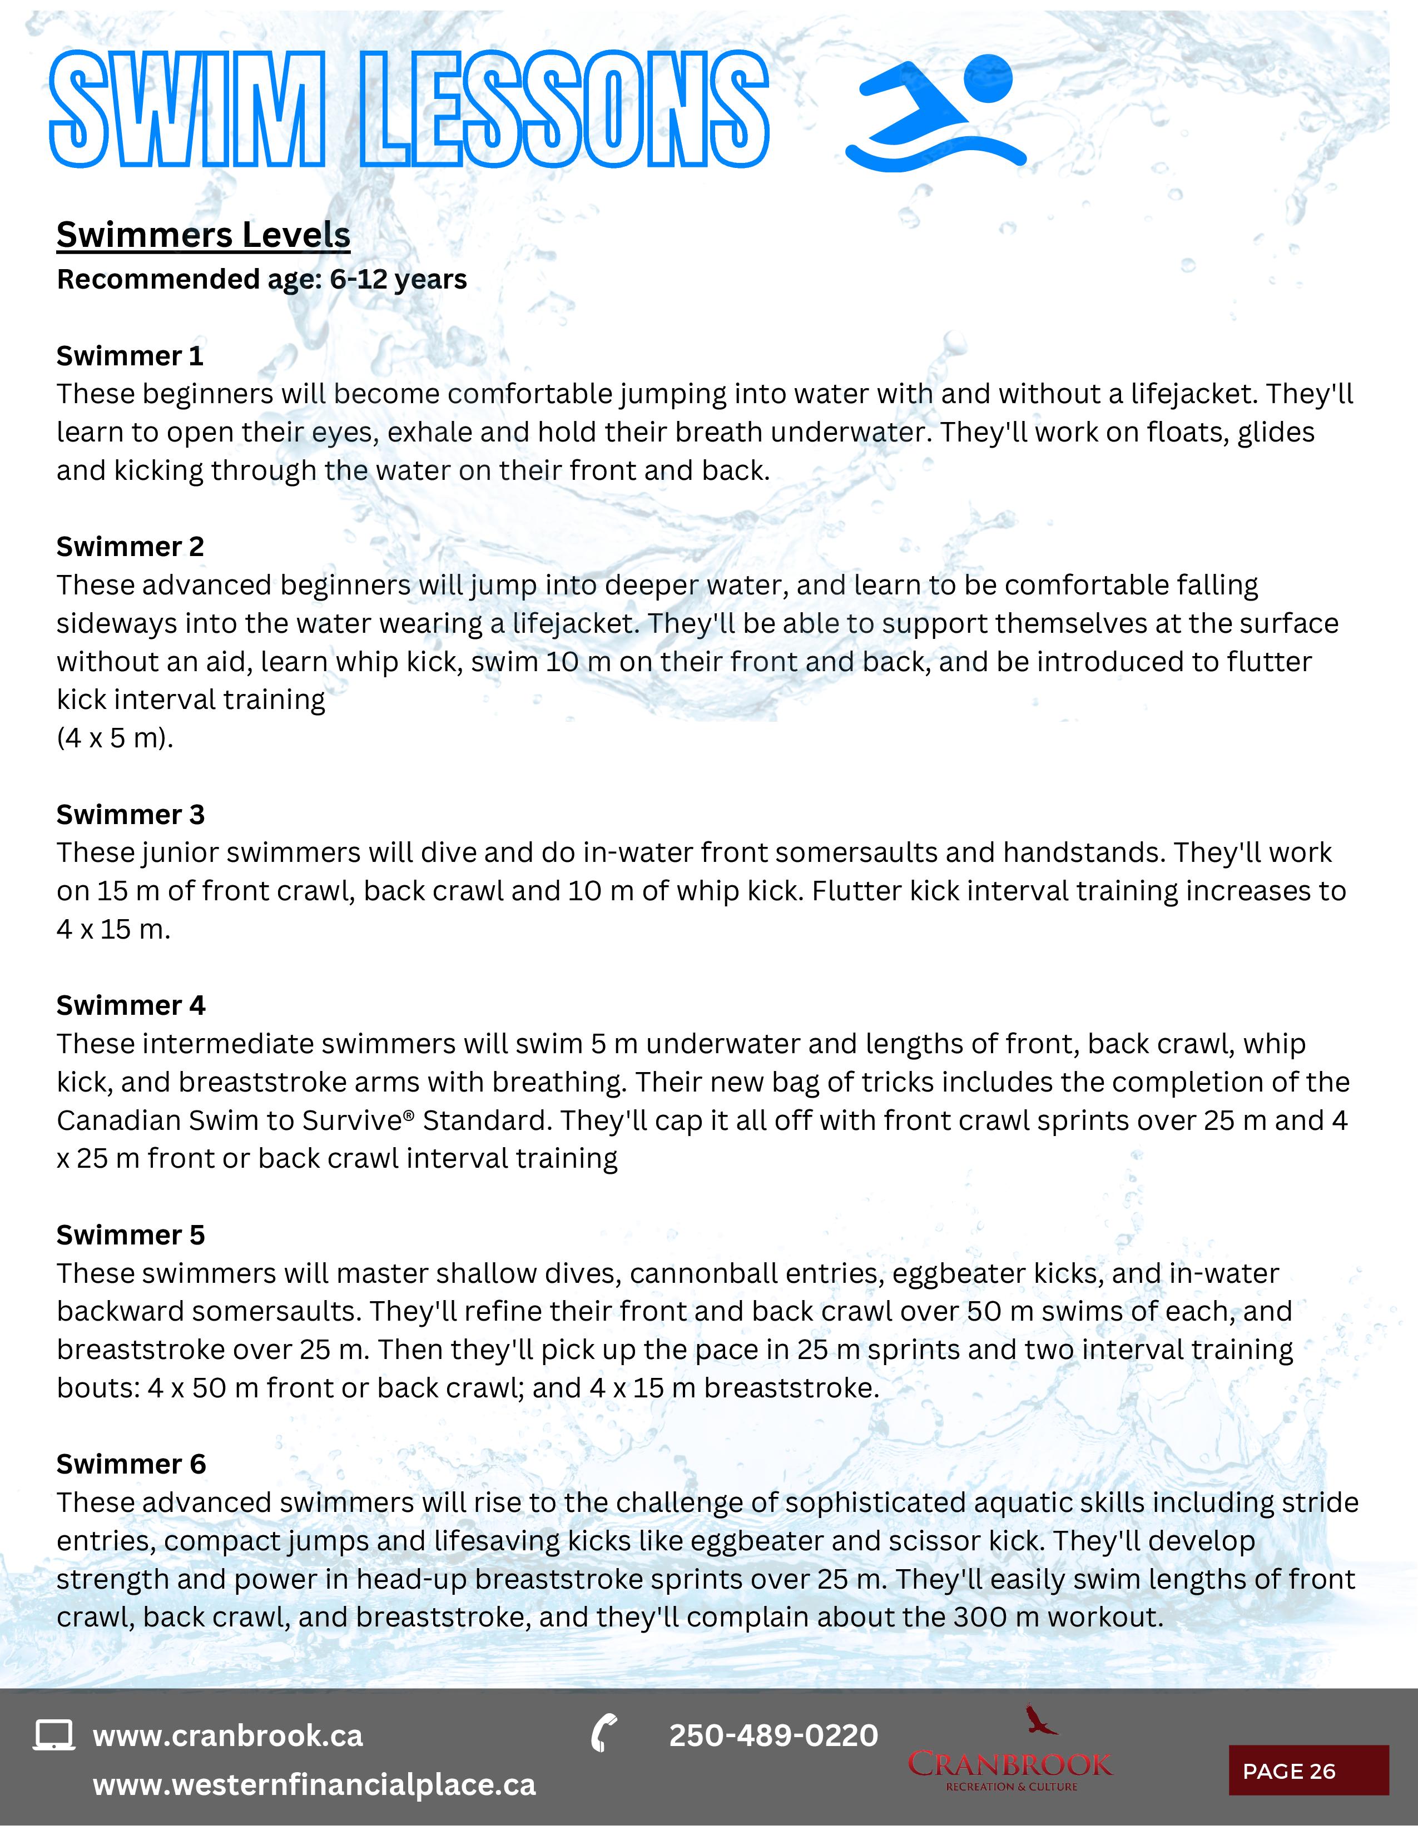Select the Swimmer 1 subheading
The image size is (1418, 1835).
click(130, 356)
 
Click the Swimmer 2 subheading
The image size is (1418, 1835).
click(130, 547)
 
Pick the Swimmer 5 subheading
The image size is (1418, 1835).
click(130, 1234)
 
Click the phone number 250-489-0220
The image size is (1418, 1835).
click(773, 1735)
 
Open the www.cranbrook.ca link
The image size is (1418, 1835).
click(227, 1736)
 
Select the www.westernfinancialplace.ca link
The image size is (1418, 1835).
click(313, 1784)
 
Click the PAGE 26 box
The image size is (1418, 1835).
click(1308, 1770)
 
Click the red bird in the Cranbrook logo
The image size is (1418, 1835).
click(1039, 1720)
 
